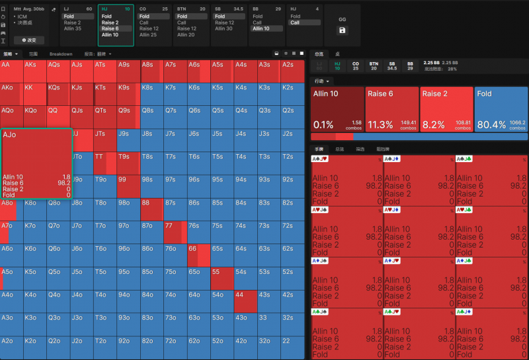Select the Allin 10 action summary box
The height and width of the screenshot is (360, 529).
337,109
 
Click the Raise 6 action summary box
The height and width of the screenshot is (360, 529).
392,109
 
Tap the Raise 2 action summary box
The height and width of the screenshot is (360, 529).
446,109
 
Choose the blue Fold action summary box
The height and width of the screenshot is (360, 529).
501,109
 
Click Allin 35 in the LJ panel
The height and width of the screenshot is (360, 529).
73,28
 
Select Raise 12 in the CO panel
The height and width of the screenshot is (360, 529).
149,28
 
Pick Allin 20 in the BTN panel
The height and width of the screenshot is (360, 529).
186,35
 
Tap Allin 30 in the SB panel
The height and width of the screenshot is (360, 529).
224,28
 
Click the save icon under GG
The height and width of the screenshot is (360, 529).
342,30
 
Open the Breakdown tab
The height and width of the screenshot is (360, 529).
61,54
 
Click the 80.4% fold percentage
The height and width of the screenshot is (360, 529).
491,124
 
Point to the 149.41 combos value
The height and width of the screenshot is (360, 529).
408,122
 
